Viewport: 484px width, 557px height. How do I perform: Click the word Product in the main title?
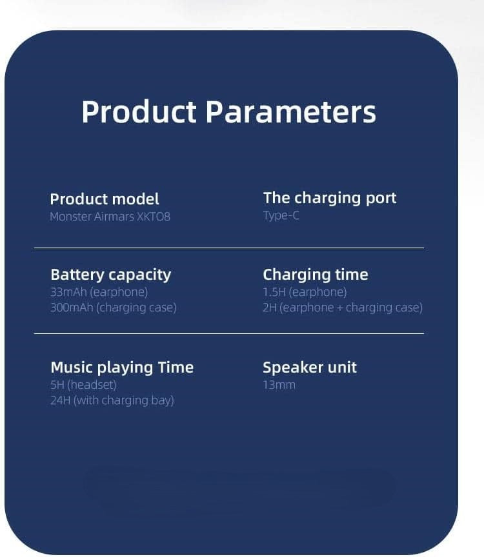click(139, 112)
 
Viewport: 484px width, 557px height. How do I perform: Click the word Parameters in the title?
click(291, 112)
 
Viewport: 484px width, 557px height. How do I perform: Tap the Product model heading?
click(105, 199)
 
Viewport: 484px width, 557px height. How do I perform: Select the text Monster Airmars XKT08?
click(110, 217)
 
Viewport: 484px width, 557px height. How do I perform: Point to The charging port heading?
click(330, 198)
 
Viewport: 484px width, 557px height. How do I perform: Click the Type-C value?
click(281, 215)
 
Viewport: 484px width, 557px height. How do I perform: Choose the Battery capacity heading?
click(110, 275)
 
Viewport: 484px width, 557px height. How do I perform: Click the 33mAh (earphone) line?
click(99, 292)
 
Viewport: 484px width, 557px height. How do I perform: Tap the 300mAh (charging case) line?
click(114, 308)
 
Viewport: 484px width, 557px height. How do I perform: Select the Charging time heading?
click(316, 275)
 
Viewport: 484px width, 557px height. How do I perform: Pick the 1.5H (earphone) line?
click(305, 292)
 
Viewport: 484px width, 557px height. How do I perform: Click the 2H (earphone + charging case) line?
click(343, 308)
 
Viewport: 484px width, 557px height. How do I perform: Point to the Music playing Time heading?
click(122, 367)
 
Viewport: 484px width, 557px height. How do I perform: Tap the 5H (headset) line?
click(84, 385)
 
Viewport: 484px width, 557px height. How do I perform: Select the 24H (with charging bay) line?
click(112, 400)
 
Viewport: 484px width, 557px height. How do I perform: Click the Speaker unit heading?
click(310, 367)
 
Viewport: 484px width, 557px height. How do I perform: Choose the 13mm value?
click(279, 385)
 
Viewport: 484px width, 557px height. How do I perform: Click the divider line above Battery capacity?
click(229, 248)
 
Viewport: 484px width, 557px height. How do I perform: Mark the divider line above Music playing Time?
click(229, 333)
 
